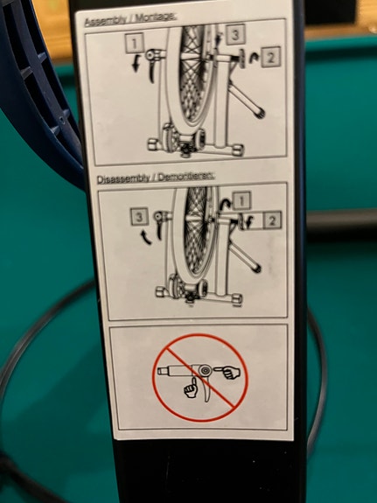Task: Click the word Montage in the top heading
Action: [156, 17]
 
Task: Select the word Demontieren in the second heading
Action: [185, 177]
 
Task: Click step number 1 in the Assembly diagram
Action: [135, 43]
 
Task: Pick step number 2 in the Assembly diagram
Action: [271, 58]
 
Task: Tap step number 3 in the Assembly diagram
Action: [235, 34]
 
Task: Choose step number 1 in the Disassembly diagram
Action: [242, 200]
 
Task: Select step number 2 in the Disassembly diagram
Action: [272, 220]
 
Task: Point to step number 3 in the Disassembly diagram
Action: [138, 217]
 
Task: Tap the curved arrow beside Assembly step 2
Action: [255, 58]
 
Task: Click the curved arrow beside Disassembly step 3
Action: [145, 236]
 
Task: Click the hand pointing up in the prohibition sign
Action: [192, 388]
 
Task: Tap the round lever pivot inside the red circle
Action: [205, 371]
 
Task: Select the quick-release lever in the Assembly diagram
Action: [150, 66]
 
